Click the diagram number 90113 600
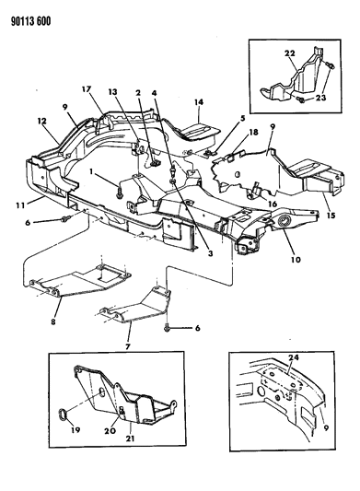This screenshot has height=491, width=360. pos(31,21)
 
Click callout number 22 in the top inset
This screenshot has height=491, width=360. pos(289,53)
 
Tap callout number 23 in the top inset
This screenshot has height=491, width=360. pos(319,98)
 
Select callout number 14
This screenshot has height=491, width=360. pos(199,101)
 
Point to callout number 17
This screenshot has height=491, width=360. pos(87,89)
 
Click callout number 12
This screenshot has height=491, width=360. pos(42,121)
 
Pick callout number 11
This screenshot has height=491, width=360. pos(19,205)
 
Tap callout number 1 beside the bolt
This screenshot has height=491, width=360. pos(91,171)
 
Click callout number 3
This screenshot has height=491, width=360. pos(210,253)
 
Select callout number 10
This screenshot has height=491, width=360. pos(296,259)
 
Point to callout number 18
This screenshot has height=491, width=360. pos(253,132)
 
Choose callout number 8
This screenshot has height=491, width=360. pos(53,321)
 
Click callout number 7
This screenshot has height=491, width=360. pos(127,346)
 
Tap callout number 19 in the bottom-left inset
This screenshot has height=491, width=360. pos(75,430)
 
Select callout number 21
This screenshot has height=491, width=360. pos(130,438)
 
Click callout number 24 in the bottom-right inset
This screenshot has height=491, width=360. pos(293,357)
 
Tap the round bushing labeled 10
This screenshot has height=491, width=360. pos(285,222)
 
